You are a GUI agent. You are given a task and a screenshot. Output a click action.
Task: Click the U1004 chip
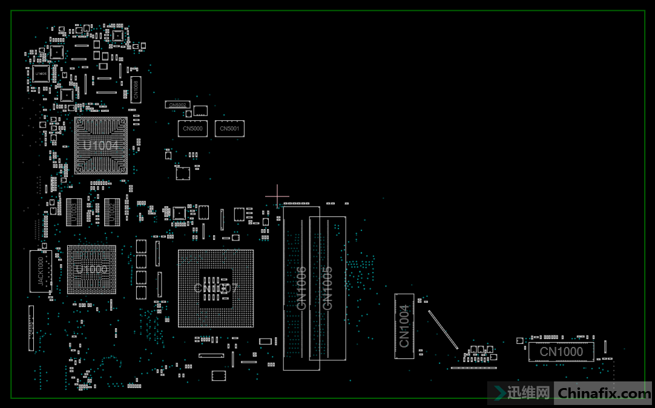click(100, 146)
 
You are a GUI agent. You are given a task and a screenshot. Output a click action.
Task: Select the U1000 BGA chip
click(91, 270)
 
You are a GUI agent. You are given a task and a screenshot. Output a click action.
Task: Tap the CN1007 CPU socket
click(216, 288)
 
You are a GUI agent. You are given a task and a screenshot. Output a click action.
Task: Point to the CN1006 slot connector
click(301, 288)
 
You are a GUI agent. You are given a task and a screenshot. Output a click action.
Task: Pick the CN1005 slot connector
click(327, 288)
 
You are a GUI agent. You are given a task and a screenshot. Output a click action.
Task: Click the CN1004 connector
click(404, 326)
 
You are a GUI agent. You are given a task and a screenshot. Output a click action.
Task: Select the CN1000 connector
click(561, 352)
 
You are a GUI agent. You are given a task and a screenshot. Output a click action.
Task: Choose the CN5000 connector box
click(193, 129)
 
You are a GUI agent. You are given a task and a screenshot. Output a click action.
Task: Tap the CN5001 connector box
click(229, 129)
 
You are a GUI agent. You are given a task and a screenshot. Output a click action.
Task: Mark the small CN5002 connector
click(178, 105)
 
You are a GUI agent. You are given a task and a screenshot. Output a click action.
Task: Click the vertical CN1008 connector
click(136, 89)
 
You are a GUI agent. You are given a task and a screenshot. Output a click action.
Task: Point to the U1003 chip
click(74, 212)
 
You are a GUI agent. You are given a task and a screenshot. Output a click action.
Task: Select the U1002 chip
click(112, 212)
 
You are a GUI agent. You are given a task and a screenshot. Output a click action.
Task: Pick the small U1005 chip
click(41, 74)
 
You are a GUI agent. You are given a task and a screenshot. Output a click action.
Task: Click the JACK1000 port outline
click(41, 271)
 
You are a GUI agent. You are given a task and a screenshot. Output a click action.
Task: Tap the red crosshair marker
click(277, 196)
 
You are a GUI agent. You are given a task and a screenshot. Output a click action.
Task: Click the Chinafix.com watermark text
click(603, 393)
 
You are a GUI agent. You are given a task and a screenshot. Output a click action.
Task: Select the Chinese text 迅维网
click(528, 393)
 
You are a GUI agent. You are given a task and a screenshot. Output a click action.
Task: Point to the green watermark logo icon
click(501, 393)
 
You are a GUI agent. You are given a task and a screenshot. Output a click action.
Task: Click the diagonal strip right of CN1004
click(443, 329)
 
